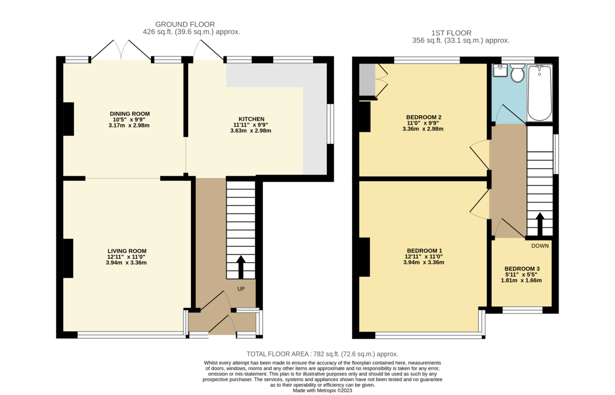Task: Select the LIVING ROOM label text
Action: click(x=122, y=251)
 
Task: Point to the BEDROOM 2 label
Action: click(x=423, y=117)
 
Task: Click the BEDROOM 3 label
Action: click(x=522, y=268)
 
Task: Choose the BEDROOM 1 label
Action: click(x=423, y=251)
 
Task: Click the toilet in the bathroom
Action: click(x=518, y=74)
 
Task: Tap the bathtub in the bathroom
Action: click(x=539, y=92)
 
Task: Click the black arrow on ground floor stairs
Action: click(x=240, y=266)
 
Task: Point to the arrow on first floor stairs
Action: click(x=539, y=223)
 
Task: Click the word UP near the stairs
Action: click(x=241, y=289)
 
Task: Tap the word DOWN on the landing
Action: click(x=540, y=246)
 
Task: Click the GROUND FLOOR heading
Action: click(x=184, y=24)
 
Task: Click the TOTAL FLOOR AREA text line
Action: click(x=322, y=354)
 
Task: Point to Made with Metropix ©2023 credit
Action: click(x=322, y=390)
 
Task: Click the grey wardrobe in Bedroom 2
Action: click(x=366, y=80)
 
